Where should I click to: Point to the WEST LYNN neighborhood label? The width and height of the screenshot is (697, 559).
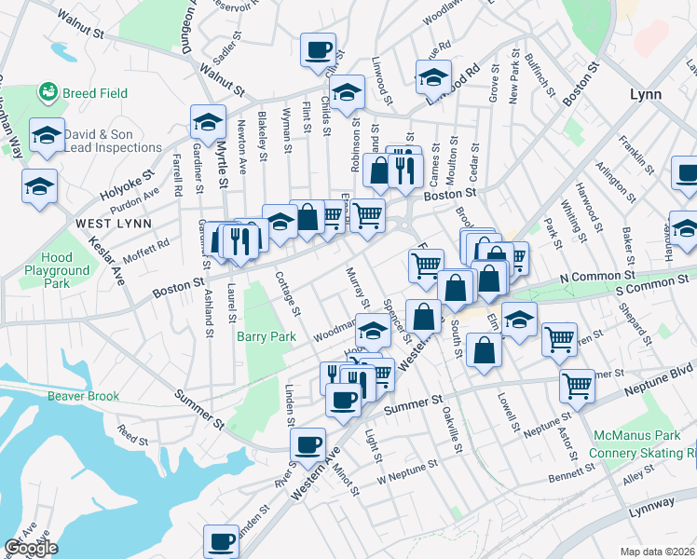[107, 224]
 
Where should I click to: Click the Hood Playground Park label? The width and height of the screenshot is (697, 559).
[70, 269]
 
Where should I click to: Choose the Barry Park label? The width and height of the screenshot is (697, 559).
[266, 336]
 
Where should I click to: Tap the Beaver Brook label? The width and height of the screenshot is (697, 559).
[84, 396]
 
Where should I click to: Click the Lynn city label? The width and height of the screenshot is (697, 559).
[645, 95]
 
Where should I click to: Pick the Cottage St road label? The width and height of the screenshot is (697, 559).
[288, 293]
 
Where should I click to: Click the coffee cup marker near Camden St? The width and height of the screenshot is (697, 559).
[222, 539]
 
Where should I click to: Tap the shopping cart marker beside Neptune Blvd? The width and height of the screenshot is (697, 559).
[578, 383]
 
